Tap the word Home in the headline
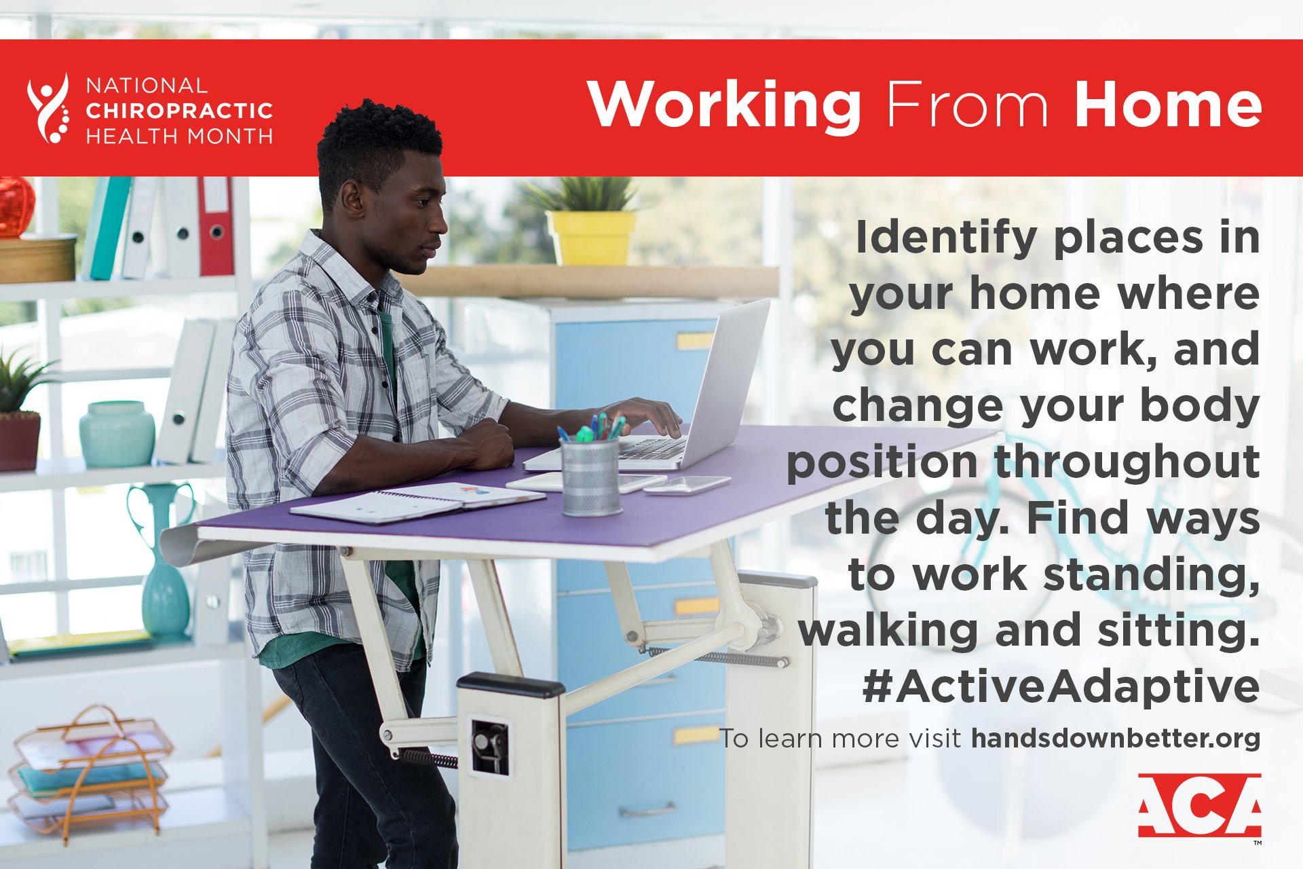point(1168,105)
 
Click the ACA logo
point(1199,805)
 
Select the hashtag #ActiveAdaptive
point(1061,686)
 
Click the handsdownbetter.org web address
point(1116,738)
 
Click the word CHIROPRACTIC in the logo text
point(179,110)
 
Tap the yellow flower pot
point(591,238)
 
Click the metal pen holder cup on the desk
point(590,476)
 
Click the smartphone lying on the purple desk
point(687,484)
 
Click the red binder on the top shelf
point(216,225)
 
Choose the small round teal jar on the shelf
point(117,434)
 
